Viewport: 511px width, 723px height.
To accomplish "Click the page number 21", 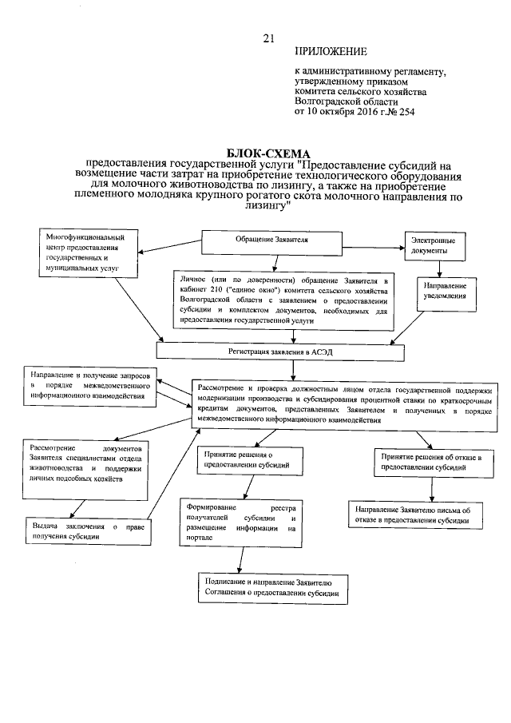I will coord(268,38).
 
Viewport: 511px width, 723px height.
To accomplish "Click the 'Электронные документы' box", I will coord(435,245).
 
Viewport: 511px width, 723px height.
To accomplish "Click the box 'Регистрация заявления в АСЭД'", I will coord(275,351).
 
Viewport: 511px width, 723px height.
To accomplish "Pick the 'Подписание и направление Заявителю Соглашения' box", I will coord(273,589).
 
